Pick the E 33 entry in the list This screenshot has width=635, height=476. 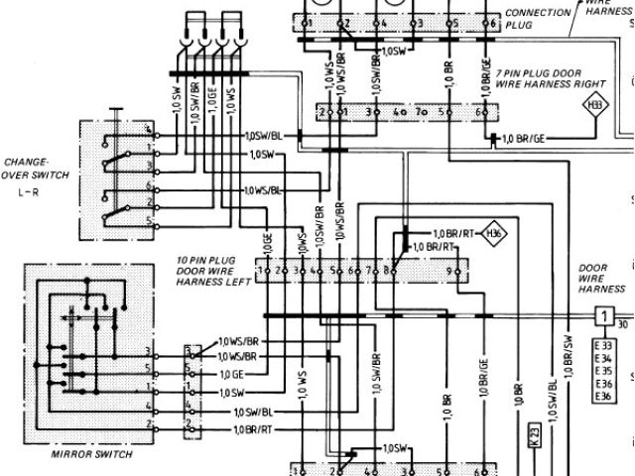click(603, 345)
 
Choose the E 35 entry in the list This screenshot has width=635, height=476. click(603, 371)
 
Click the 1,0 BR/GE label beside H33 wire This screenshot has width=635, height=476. click(524, 138)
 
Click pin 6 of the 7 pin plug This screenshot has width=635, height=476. click(477, 113)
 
